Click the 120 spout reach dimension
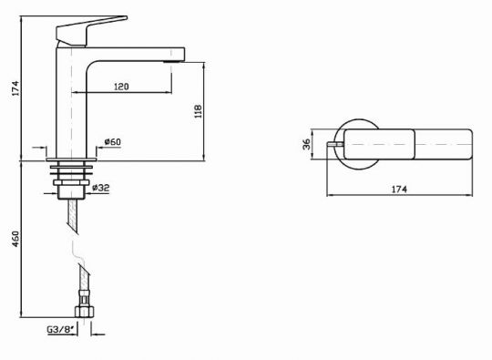pyautogui.click(x=121, y=87)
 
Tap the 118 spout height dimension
pyautogui.click(x=198, y=111)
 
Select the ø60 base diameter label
pyautogui.click(x=113, y=141)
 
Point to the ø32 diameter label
pyautogui.click(x=101, y=188)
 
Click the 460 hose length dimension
pyautogui.click(x=15, y=239)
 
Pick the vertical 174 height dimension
pyautogui.click(x=15, y=88)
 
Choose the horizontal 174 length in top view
pyautogui.click(x=399, y=190)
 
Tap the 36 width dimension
pyautogui.click(x=306, y=144)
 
